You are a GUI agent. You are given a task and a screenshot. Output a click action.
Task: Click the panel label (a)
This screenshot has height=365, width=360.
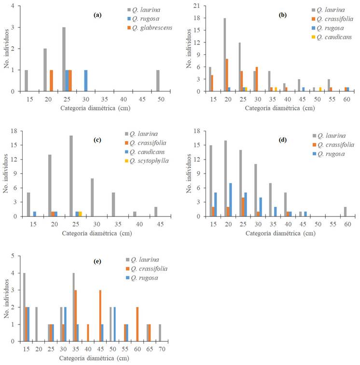(97, 15)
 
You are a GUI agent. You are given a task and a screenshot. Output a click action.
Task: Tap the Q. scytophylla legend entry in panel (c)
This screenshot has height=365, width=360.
(149, 161)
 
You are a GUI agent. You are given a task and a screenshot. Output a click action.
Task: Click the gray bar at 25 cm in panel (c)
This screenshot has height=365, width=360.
(71, 176)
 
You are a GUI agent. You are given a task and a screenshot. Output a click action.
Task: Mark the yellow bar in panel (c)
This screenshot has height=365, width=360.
(81, 214)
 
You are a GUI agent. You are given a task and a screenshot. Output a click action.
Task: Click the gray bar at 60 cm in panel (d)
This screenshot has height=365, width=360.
(345, 211)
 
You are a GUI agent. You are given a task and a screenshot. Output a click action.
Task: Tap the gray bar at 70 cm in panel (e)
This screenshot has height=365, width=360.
(160, 332)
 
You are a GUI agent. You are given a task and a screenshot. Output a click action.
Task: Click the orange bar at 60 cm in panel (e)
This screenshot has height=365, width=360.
(138, 324)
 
